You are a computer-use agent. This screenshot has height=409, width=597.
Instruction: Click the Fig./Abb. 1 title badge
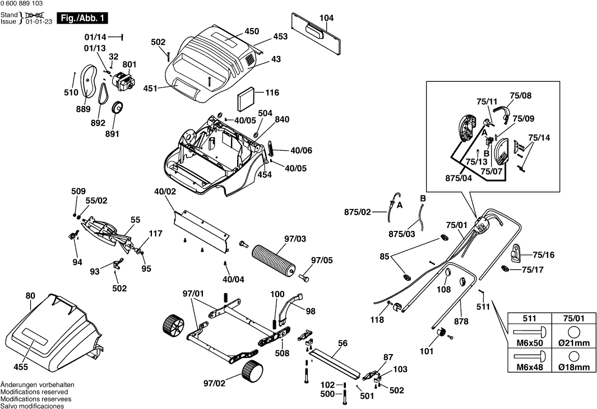click(82, 18)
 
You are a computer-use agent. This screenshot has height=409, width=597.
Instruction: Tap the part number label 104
click(326, 18)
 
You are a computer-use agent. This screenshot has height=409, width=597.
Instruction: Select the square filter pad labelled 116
click(245, 100)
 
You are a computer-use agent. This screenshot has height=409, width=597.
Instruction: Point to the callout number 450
click(252, 31)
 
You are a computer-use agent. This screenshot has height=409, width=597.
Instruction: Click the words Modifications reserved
click(34, 392)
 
